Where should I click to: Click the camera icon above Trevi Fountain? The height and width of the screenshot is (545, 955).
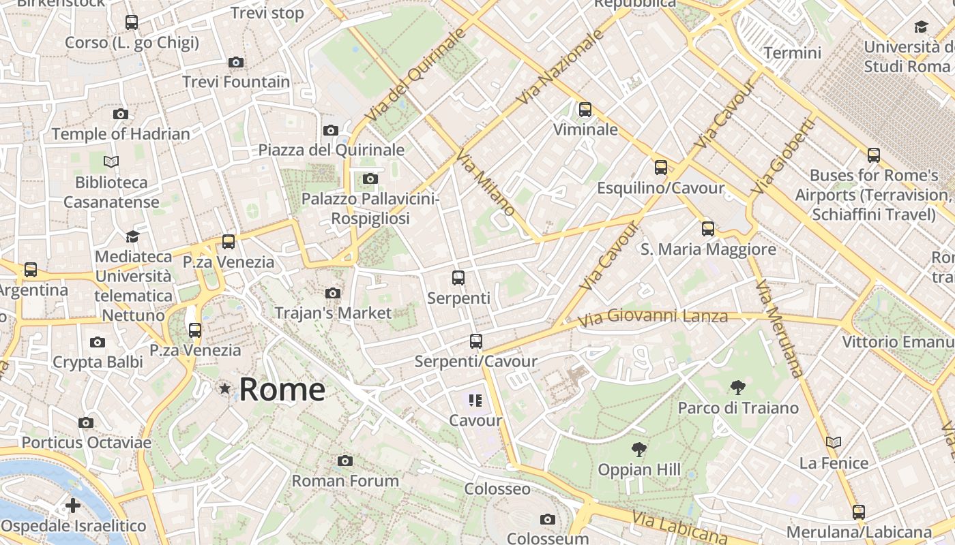236,62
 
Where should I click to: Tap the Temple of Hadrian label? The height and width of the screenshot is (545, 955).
121,134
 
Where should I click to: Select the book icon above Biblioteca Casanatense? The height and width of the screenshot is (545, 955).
111,161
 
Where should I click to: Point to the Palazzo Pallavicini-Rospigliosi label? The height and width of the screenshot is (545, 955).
370,208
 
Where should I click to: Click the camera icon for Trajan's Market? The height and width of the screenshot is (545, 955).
333,293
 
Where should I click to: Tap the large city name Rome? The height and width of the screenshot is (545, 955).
282,389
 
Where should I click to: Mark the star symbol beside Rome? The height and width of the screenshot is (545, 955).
224,388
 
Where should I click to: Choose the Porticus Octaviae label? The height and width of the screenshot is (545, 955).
86,443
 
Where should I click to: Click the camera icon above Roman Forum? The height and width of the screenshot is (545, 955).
345,461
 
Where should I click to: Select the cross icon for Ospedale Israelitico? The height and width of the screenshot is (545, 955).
73,505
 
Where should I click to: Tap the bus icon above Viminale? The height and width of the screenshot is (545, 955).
585,109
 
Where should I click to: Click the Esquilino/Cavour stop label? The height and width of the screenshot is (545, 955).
660,188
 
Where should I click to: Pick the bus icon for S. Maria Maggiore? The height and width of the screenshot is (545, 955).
708,229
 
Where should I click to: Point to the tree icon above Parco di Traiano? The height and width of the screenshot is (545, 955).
737,388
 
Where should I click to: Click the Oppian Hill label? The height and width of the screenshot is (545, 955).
639,469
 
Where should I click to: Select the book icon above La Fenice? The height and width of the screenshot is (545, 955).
833,443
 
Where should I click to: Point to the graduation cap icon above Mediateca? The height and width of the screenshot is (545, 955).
132,236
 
